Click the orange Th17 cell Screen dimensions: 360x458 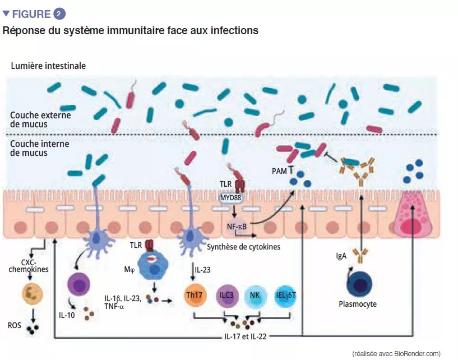196,296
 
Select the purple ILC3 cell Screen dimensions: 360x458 227,296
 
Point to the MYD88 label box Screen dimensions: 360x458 230,198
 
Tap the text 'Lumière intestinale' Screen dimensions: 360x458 48,66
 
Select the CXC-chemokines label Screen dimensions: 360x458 30,266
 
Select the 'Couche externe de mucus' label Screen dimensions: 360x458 39,119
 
